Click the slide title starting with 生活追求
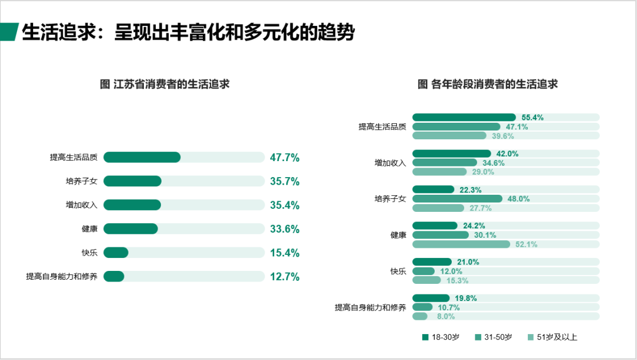[x=188, y=32]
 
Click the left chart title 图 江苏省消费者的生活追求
[x=165, y=84]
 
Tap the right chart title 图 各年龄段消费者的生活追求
[x=487, y=84]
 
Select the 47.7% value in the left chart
[x=285, y=158]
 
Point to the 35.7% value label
[x=285, y=181]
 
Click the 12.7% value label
[x=285, y=277]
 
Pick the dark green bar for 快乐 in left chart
[x=116, y=253]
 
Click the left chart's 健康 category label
[x=90, y=229]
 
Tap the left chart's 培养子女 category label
[x=81, y=181]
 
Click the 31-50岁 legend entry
[x=493, y=338]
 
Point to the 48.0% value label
[x=518, y=199]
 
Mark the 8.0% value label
[x=445, y=316]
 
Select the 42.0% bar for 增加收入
[x=451, y=153]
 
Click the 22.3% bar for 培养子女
[x=433, y=189]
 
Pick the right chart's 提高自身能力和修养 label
[x=370, y=307]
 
